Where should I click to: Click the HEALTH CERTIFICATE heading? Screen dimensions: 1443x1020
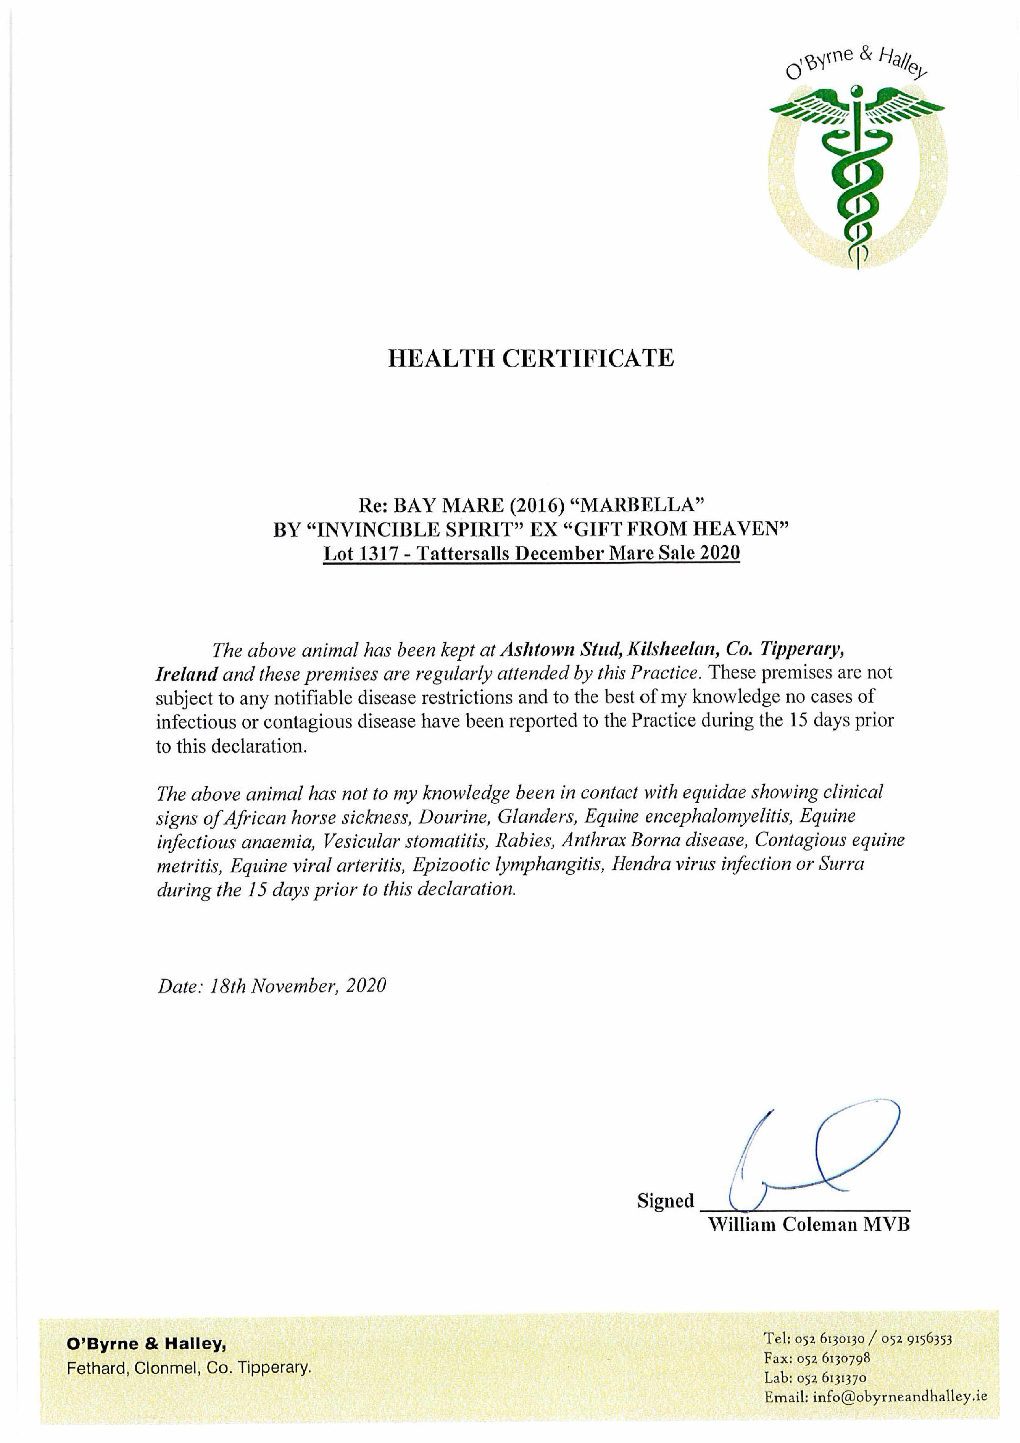tap(530, 358)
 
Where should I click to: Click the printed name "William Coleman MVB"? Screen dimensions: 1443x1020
tap(809, 1225)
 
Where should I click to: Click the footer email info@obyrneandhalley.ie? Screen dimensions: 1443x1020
tap(900, 1397)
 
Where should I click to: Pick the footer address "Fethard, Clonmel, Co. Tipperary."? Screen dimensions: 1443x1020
tap(189, 1368)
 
